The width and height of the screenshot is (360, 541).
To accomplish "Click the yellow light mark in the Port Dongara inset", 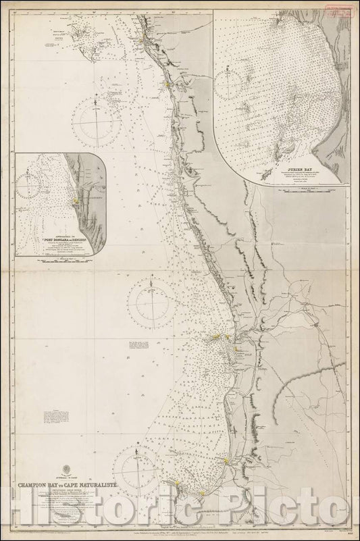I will pos(78,201).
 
